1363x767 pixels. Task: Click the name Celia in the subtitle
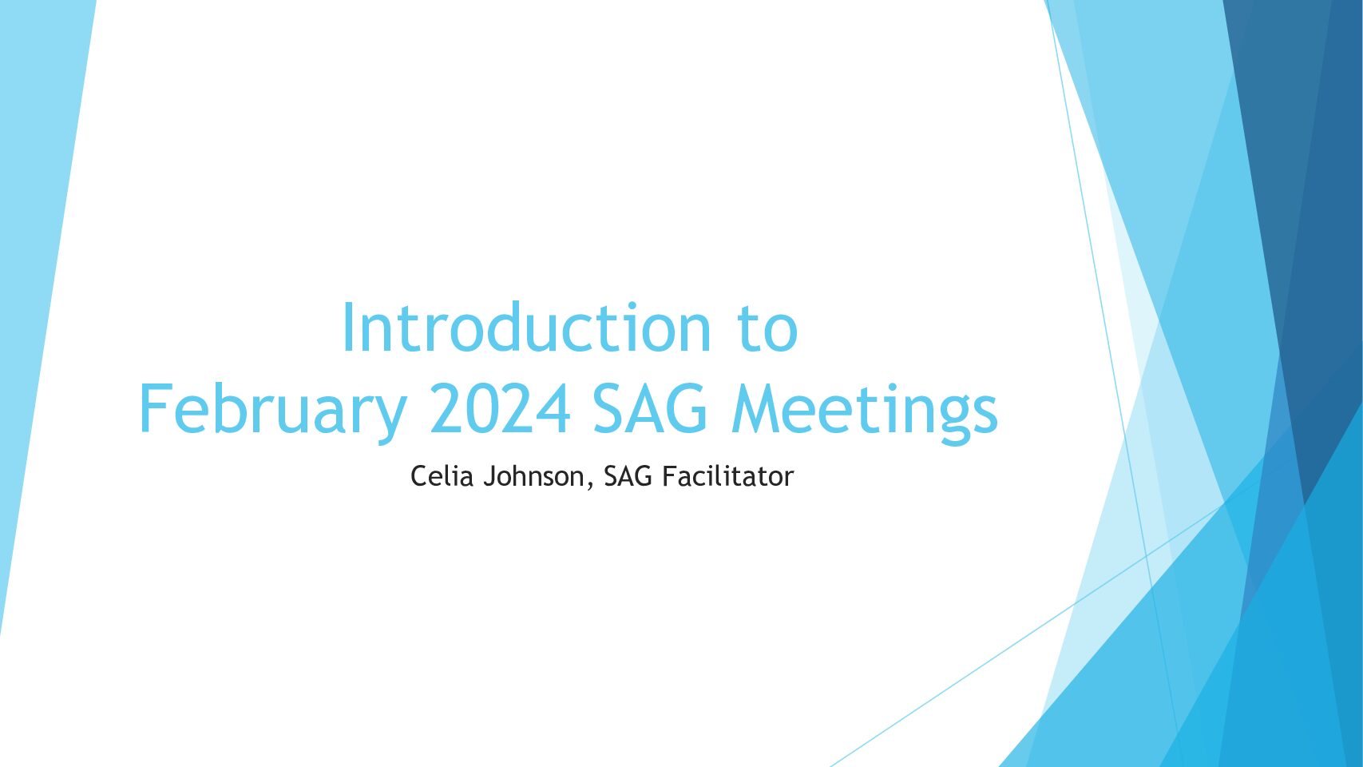pos(442,476)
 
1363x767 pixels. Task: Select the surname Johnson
pos(533,477)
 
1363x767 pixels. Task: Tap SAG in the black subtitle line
pos(628,476)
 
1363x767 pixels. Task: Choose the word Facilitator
pos(727,476)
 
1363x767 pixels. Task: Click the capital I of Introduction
pos(348,327)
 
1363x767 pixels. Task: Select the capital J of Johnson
pos(489,477)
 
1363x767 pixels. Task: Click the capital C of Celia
pos(419,476)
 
